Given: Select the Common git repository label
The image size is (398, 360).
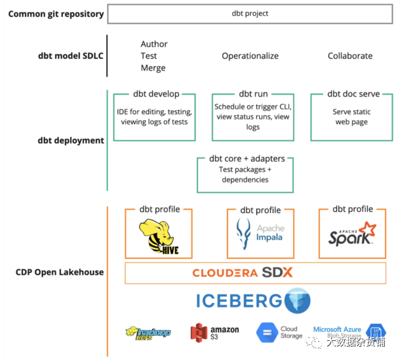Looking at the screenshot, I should coord(56,14).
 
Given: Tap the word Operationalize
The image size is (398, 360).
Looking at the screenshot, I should coord(250,56).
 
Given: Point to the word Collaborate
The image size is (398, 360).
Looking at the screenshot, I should coord(350,56).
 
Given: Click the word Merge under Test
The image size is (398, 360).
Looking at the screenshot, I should coord(153,68).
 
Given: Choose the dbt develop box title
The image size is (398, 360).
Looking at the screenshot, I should coord(155,94).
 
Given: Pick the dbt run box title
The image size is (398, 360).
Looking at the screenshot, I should coord(253,94).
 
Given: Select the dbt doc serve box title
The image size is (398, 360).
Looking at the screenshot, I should coord(353,94).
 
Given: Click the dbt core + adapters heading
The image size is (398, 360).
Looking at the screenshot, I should coord(245,159).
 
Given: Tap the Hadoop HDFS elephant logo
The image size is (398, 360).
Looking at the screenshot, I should coord(148,332).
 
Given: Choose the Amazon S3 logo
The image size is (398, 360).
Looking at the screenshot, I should coord(214,333).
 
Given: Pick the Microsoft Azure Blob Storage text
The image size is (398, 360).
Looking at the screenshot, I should coord(337,332).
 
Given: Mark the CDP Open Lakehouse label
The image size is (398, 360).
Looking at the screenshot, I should coord(60,272).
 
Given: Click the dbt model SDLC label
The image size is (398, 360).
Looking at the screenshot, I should coord(71,56).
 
